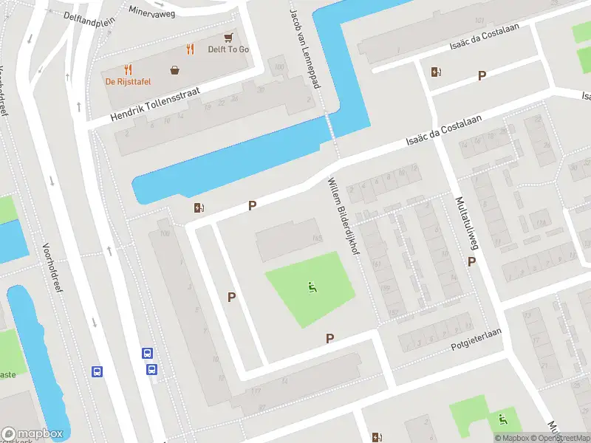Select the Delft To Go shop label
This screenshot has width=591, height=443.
click(228, 49)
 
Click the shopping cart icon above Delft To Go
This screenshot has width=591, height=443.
click(228, 37)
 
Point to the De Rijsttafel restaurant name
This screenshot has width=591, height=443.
click(127, 81)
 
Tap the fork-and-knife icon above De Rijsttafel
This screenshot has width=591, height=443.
click(128, 69)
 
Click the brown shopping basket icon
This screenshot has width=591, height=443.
click(175, 70)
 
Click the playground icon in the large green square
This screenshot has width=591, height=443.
click(311, 286)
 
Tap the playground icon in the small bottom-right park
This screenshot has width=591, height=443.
click(503, 419)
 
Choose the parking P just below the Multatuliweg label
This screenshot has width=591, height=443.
click(471, 261)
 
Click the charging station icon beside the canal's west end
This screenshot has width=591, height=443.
click(197, 208)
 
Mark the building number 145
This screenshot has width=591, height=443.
click(317, 238)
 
